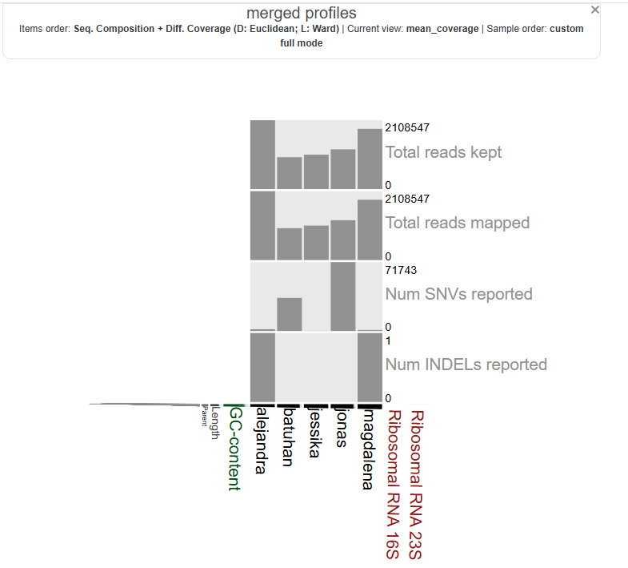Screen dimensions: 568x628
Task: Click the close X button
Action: pyautogui.click(x=594, y=10)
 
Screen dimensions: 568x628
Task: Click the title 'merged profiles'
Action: pyautogui.click(x=301, y=14)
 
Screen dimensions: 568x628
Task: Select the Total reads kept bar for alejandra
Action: pyautogui.click(x=262, y=154)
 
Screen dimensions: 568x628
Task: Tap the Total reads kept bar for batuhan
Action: pyautogui.click(x=290, y=172)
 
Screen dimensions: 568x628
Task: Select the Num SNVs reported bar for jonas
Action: pyautogui.click(x=342, y=296)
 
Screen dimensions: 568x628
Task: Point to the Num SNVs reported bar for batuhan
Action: pyautogui.click(x=290, y=314)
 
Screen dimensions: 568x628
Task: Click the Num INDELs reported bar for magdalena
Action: pyautogui.click(x=370, y=367)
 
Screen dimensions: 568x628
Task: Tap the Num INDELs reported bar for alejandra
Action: pyautogui.click(x=262, y=367)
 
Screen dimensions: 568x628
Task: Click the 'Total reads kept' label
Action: pyautogui.click(x=443, y=152)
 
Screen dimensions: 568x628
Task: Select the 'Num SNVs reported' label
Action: pyautogui.click(x=458, y=294)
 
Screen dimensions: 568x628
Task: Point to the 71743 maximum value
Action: pyautogui.click(x=402, y=270)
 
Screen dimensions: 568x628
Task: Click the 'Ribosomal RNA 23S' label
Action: pyautogui.click(x=416, y=484)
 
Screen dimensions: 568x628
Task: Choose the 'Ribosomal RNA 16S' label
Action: pyautogui.click(x=392, y=484)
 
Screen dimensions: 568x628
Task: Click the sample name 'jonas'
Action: pyautogui.click(x=341, y=430)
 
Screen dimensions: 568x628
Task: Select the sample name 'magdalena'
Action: pyautogui.click(x=367, y=449)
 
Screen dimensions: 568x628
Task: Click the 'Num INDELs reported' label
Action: pyautogui.click(x=466, y=365)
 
